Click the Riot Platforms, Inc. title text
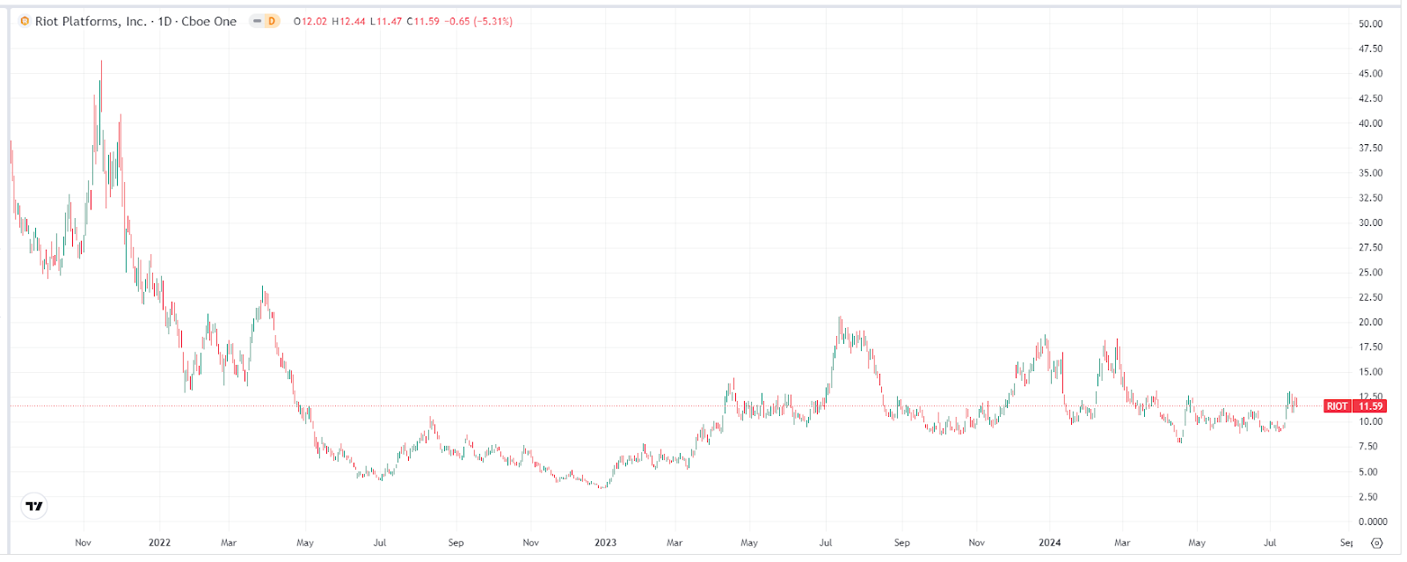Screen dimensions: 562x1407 tap(91, 21)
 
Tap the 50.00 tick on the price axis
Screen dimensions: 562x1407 tap(1370, 24)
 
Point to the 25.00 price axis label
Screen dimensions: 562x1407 tap(1370, 273)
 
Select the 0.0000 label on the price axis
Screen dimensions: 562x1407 tap(1372, 522)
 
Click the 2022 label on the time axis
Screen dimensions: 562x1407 tap(159, 543)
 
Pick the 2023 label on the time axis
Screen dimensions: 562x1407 tap(605, 543)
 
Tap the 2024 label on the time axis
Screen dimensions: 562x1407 tap(1049, 543)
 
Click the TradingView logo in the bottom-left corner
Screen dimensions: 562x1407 tap(34, 507)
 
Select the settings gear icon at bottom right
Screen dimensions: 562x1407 tap(1377, 543)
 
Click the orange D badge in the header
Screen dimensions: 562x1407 tap(271, 21)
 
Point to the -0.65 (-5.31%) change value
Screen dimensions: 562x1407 tap(479, 21)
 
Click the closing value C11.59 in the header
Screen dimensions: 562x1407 tap(423, 21)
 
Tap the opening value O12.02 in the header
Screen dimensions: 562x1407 tap(310, 21)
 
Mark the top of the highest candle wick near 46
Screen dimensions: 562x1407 tap(101, 61)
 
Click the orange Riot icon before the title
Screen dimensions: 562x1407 tap(25, 21)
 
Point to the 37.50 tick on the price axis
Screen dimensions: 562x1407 tap(1370, 148)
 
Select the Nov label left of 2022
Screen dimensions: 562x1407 tap(83, 543)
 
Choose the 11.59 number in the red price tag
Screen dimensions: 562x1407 tap(1370, 406)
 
